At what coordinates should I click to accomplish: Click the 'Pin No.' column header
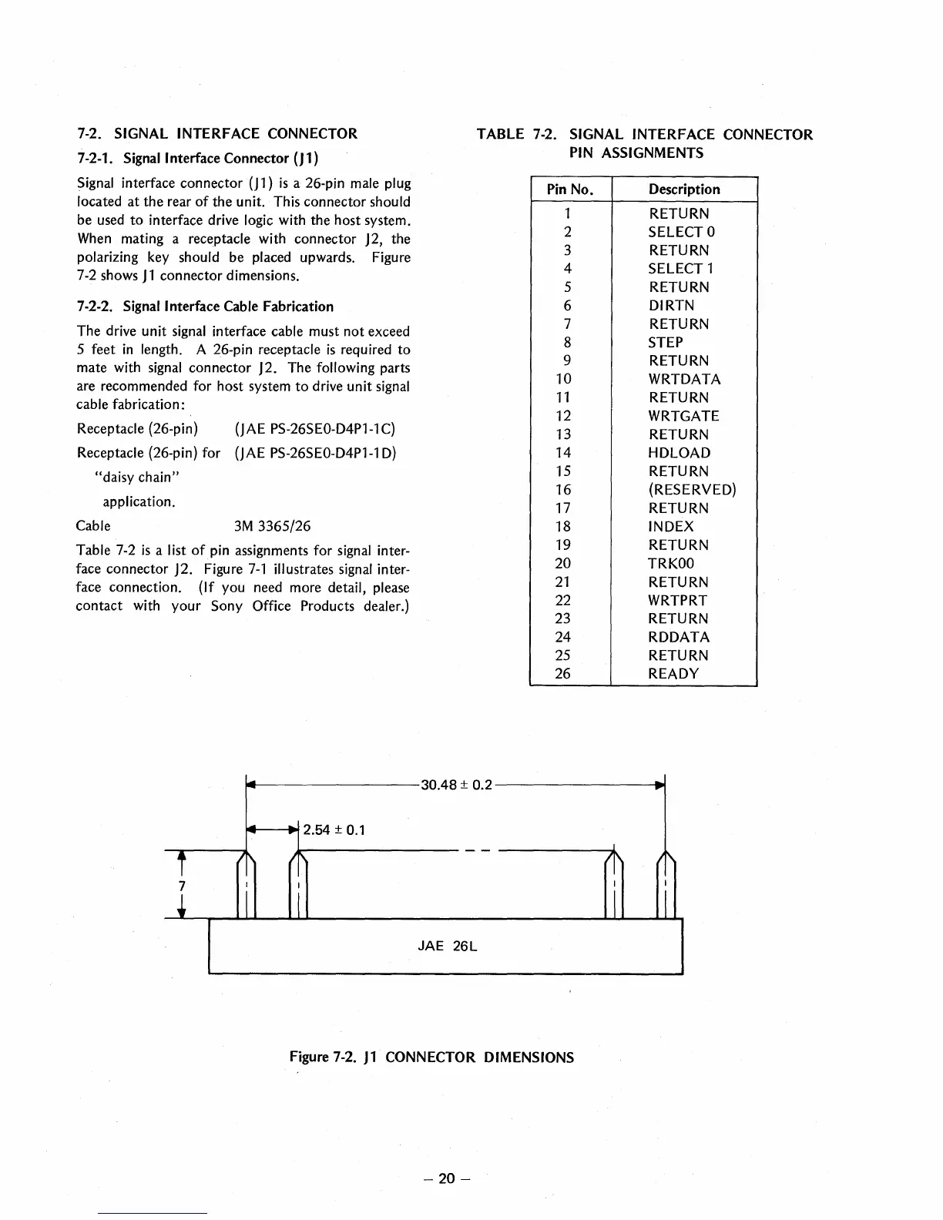click(569, 189)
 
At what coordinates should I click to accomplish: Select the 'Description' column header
click(684, 189)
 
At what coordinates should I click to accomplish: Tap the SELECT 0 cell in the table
click(682, 232)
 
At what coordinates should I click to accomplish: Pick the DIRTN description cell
click(671, 306)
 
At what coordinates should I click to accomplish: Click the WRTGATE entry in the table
click(683, 416)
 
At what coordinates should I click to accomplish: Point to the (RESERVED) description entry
click(692, 490)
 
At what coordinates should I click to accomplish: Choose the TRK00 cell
click(671, 563)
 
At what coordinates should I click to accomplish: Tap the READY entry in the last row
click(673, 674)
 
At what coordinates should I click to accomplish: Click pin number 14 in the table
click(563, 453)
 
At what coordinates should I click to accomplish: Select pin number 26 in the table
click(563, 674)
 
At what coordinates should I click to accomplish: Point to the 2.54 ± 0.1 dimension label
click(334, 830)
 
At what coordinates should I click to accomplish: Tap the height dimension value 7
click(183, 886)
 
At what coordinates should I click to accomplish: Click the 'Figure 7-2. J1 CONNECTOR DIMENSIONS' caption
click(431, 1057)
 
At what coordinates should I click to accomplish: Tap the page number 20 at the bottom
click(447, 1178)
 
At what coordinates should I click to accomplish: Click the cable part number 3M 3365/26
click(272, 527)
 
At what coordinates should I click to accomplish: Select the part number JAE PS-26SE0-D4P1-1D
click(315, 453)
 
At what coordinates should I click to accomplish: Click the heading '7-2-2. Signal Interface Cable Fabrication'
click(206, 307)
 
